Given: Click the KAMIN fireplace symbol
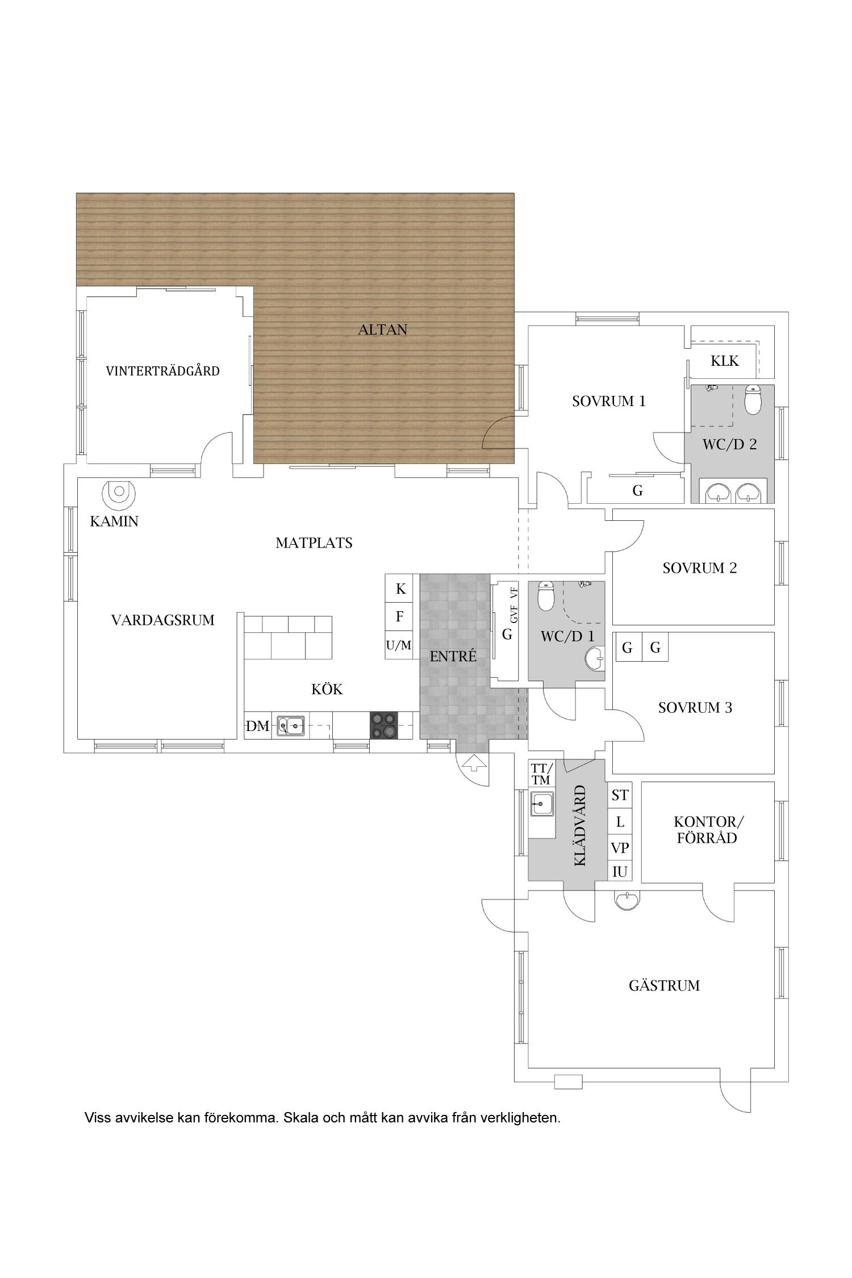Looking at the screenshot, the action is point(119,495).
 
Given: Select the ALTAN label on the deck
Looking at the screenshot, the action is point(383,329).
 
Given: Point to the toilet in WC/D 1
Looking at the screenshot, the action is point(546,596).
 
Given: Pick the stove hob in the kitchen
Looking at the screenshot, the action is point(384,725).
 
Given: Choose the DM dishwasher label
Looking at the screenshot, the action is point(257,726).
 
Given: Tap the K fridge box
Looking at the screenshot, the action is point(401,588).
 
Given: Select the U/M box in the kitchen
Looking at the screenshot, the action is point(399,645).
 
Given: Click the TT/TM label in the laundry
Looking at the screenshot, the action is point(541,774).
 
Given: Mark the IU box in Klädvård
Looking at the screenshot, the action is point(620,872).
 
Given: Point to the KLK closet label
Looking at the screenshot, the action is point(725,361).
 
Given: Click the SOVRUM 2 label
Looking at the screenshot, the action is point(700,568).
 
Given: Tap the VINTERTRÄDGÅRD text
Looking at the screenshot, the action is point(163,371).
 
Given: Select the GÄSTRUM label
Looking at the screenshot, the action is point(664,985).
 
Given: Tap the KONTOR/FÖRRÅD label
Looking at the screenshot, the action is point(708,830).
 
